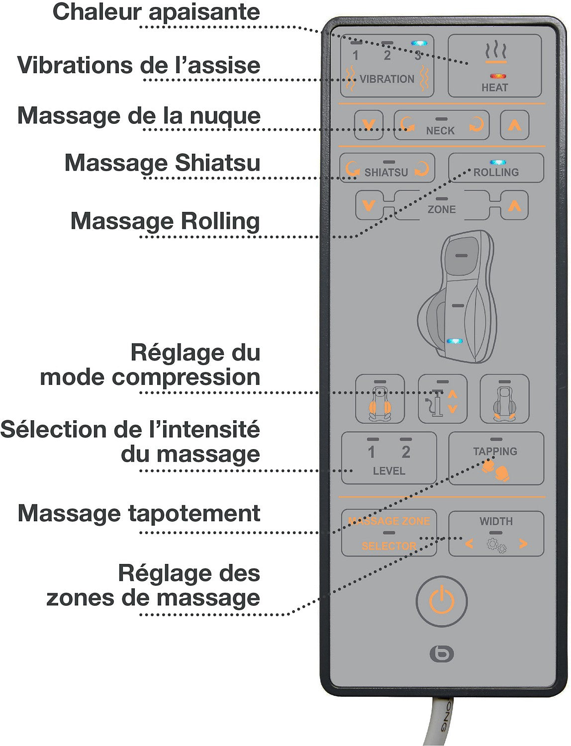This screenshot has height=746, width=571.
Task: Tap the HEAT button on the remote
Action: coord(494,66)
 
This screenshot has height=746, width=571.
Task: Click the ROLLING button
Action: coord(496,168)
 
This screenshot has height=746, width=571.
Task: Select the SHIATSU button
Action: coord(387,168)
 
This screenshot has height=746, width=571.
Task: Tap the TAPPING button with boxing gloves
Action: coord(496,458)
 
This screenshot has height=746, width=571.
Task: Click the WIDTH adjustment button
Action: coord(496,534)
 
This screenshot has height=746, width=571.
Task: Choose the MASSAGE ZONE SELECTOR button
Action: coord(389,533)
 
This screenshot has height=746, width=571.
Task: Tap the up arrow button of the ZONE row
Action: coord(514,205)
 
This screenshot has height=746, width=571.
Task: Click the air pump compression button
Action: coord(443,399)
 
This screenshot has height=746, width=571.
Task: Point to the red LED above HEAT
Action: coord(497,76)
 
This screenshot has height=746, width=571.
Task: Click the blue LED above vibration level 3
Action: coord(419,43)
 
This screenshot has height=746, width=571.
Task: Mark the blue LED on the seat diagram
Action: coord(455,341)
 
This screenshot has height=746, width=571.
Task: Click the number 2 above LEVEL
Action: coord(406,452)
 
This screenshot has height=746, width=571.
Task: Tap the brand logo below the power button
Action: coord(442,653)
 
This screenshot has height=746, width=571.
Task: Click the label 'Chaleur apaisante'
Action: coord(156,12)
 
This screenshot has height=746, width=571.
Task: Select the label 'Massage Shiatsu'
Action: coord(163,163)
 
